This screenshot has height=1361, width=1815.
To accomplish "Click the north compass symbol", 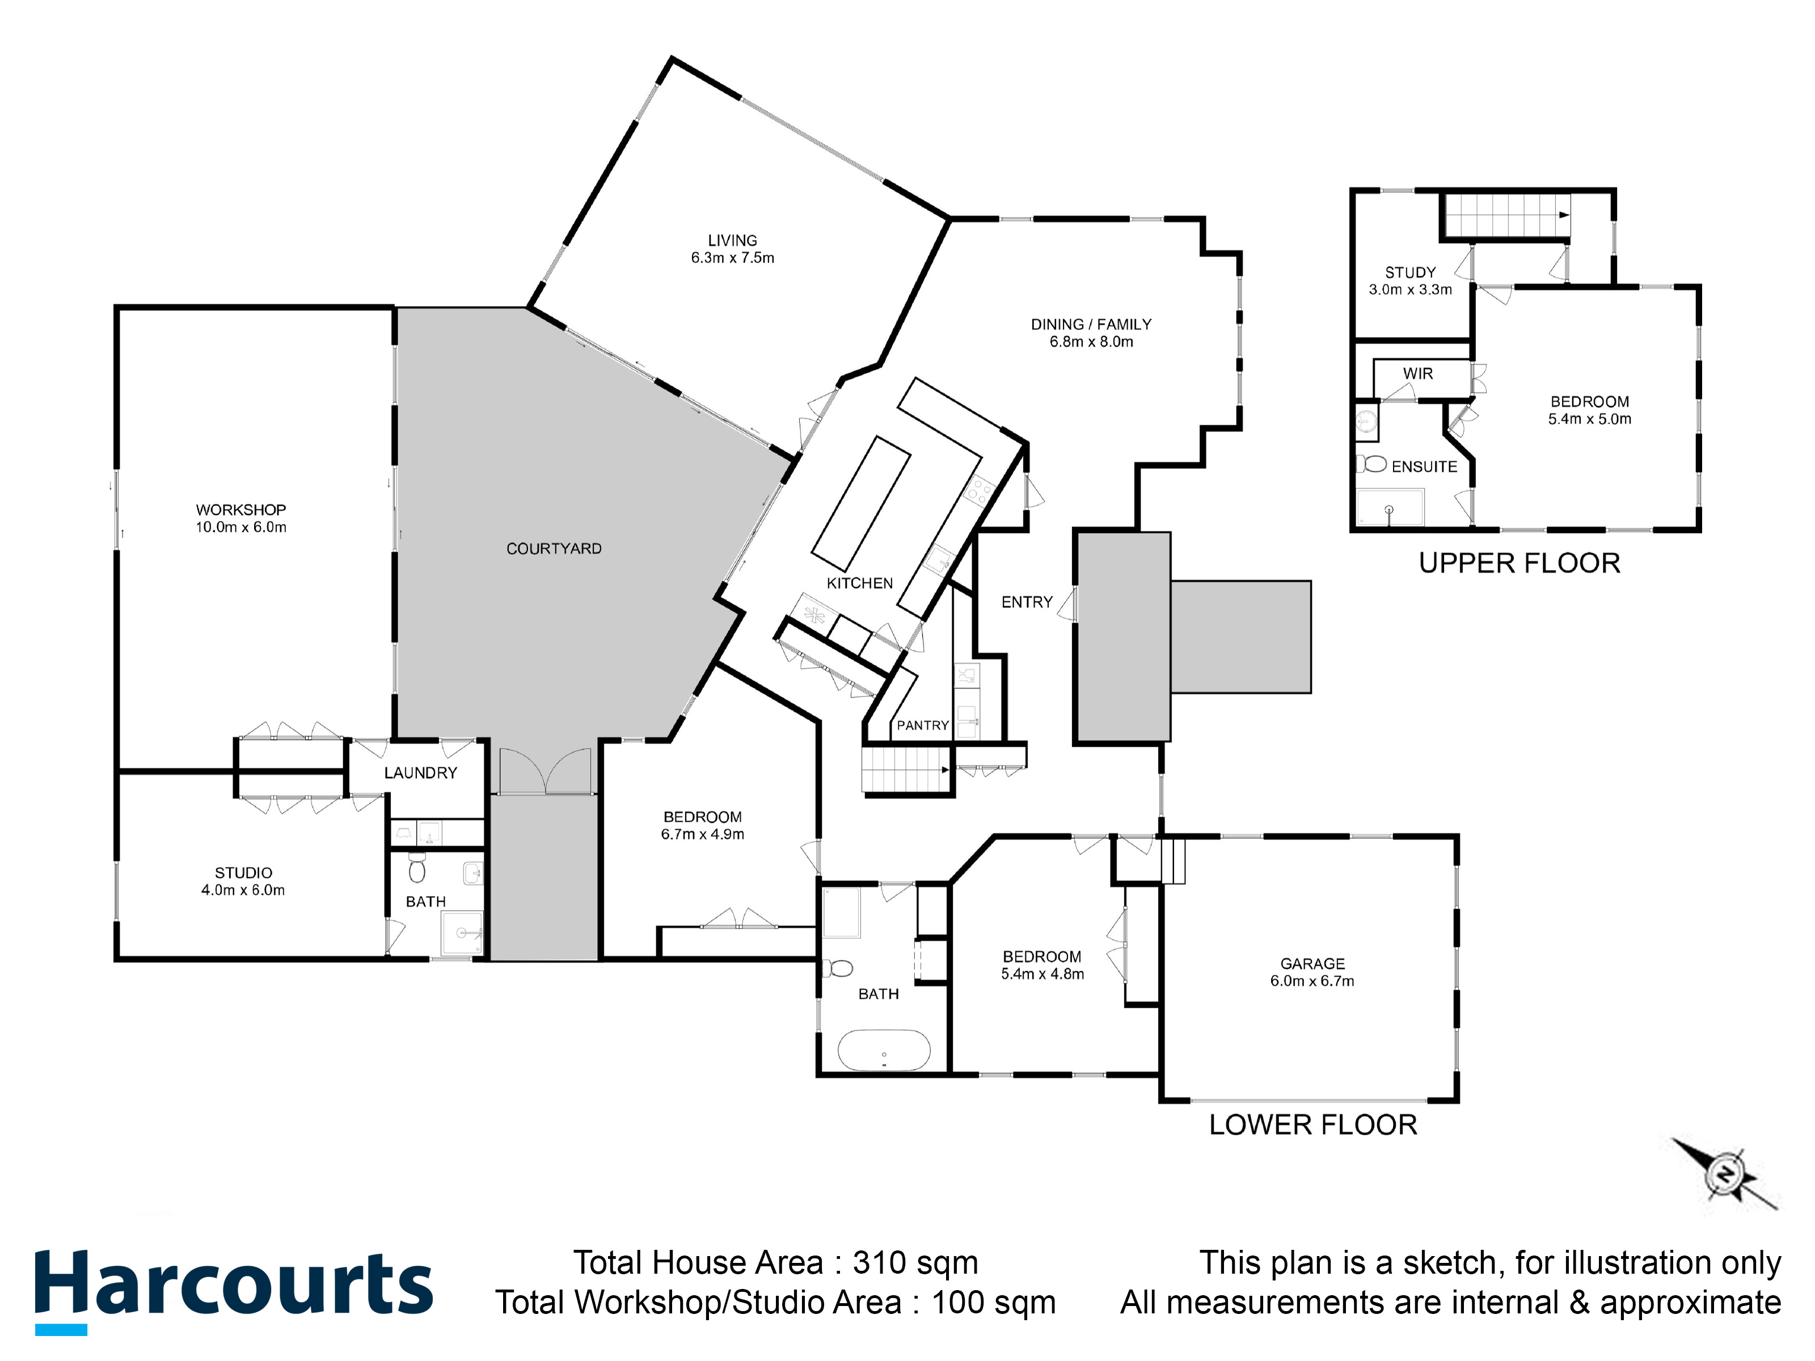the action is pos(1725,1176).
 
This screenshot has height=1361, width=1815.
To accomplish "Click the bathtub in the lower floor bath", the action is pos(884,1051).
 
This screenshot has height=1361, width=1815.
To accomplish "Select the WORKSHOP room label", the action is pos(240,509).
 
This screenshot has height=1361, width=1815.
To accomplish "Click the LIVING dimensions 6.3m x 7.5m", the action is pos(733,257).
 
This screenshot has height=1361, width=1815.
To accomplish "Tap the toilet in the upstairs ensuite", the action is pos(1370,464).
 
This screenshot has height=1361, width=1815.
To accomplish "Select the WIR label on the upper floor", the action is pos(1418,373).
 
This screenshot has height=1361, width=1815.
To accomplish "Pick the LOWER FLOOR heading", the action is pos(1313,1124).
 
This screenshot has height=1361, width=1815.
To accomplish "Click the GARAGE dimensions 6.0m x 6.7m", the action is pos(1312,980).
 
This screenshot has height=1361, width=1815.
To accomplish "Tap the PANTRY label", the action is pos(922,725).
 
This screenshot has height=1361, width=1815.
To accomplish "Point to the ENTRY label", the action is pos(1027,602).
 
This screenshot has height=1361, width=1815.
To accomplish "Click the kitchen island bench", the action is pos(861,503).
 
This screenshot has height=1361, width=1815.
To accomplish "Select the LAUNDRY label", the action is pos(420,773).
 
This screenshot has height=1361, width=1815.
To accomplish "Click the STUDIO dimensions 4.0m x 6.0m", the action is pos(243,890).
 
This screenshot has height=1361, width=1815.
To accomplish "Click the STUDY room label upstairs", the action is pos(1409,272).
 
